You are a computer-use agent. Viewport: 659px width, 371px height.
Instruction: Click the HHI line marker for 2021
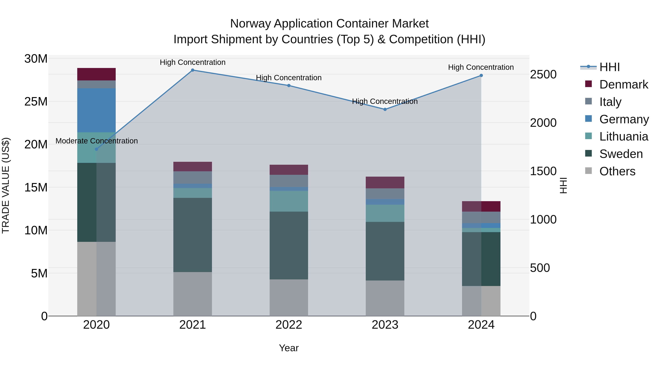[x=193, y=70]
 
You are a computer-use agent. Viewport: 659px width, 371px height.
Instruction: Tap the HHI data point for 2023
[x=385, y=109]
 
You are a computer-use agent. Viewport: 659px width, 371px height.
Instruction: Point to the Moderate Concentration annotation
[x=96, y=141]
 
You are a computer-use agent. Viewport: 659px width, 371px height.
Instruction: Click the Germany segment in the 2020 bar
[x=96, y=110]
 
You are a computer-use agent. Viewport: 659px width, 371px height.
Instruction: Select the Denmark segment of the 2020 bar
[x=96, y=74]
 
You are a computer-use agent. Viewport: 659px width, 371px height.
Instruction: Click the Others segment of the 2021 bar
[x=193, y=294]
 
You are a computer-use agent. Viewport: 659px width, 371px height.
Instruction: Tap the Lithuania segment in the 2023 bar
[x=385, y=213]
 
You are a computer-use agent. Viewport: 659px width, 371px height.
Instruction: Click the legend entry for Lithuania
[x=623, y=136]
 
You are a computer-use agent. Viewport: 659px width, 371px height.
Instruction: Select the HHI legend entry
[x=609, y=67]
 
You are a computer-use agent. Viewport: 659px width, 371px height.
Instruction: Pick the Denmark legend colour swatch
[x=588, y=84]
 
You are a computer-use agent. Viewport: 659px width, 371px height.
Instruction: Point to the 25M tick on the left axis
[x=36, y=102]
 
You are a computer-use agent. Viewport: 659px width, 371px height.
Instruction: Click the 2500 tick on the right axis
[x=543, y=75]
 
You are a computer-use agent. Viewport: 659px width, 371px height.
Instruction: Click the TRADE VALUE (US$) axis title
[x=6, y=185]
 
